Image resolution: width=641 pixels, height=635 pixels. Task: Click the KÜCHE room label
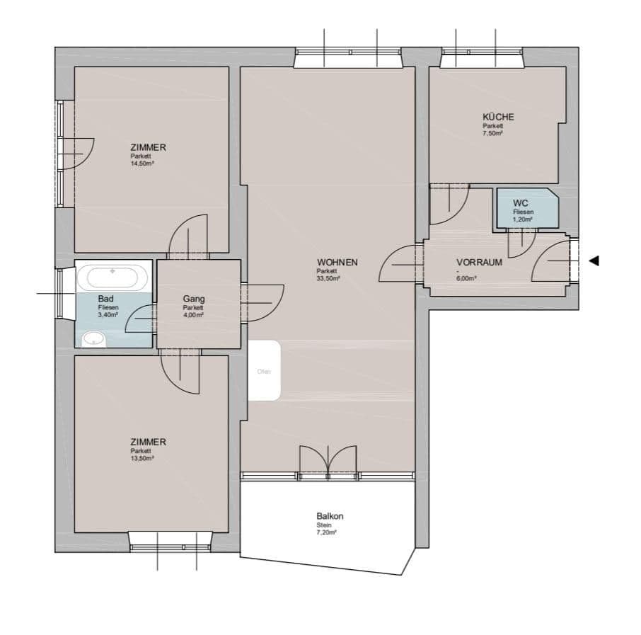(498, 117)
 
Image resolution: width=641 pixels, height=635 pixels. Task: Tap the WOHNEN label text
(337, 263)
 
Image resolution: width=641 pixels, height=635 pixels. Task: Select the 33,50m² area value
(328, 279)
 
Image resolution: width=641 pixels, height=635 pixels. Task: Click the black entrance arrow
(594, 261)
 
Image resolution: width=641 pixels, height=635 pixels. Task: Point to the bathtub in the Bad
(113, 276)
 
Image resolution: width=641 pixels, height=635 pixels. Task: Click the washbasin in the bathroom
(93, 339)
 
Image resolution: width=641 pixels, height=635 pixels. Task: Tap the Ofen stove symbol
(265, 370)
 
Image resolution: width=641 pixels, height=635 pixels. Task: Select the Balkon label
(330, 517)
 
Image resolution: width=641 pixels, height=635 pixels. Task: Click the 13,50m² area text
(142, 457)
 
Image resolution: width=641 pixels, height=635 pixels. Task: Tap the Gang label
(194, 299)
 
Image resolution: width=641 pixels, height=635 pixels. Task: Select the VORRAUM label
(479, 262)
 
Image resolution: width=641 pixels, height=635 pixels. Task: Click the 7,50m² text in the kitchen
(492, 133)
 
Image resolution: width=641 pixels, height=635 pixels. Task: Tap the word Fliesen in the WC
(524, 212)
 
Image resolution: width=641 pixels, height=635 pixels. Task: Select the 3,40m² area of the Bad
(108, 316)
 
